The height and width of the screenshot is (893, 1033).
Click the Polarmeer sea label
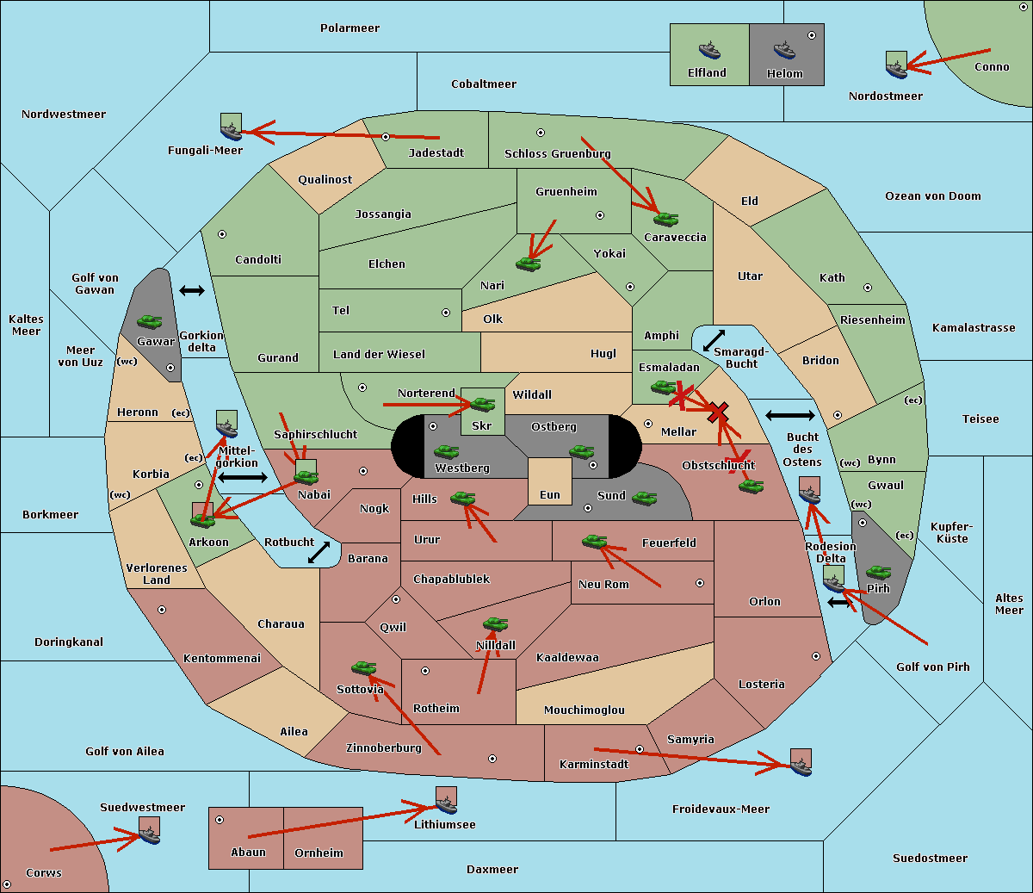coord(349,28)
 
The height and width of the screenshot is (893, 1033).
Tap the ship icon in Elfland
coord(709,50)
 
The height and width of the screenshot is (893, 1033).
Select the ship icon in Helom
coord(784,50)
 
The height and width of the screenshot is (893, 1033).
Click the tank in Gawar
coord(150,321)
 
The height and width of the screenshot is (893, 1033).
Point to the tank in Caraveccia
coord(666,219)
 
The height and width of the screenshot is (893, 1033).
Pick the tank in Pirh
coord(878,572)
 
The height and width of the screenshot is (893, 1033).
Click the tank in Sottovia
coord(364,667)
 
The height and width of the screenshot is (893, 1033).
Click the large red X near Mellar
coord(718,412)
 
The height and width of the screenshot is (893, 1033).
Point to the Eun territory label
coord(550,494)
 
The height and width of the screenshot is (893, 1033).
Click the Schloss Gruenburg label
coord(557,154)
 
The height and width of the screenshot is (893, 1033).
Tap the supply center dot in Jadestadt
coord(386,137)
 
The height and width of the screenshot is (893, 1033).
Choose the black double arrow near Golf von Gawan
coord(192,290)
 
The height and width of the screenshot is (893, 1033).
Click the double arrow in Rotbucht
coord(319,552)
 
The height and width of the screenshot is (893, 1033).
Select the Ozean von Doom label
coord(933,196)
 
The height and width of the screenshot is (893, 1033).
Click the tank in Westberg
coord(446,451)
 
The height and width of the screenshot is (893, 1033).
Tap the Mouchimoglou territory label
coord(585,710)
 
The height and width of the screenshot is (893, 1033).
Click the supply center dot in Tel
coord(446,313)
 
